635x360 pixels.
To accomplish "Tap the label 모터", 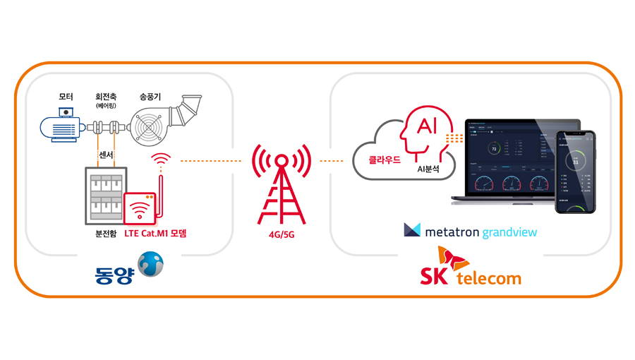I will click(66, 96).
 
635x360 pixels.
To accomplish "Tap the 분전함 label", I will click(103, 233).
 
